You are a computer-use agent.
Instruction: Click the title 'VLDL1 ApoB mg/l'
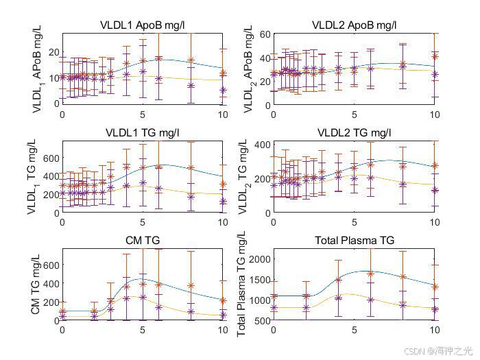click(143, 25)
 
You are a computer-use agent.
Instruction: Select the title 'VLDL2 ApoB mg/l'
click(354, 25)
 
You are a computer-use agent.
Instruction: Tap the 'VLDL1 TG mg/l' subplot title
click(143, 133)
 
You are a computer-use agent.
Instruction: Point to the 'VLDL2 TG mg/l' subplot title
click(354, 133)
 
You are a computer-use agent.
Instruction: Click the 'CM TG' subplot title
click(143, 241)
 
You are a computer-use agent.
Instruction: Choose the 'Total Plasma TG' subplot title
click(354, 241)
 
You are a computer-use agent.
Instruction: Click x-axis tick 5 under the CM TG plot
click(143, 330)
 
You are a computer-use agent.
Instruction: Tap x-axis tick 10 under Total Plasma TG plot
click(433, 330)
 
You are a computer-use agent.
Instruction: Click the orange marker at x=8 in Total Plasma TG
click(403, 277)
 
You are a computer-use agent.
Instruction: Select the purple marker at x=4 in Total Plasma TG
click(338, 298)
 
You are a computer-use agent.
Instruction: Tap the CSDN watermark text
click(438, 350)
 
